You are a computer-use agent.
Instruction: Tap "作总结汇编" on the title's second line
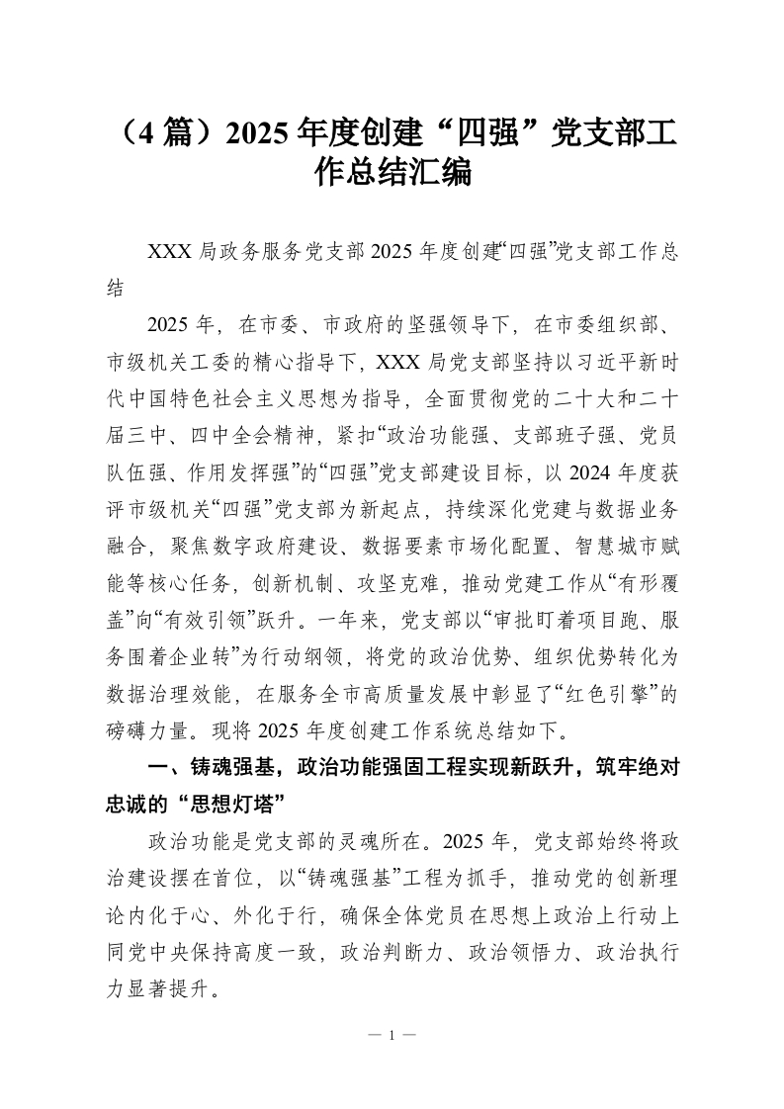(392, 175)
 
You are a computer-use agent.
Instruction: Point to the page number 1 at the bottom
(392, 1035)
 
